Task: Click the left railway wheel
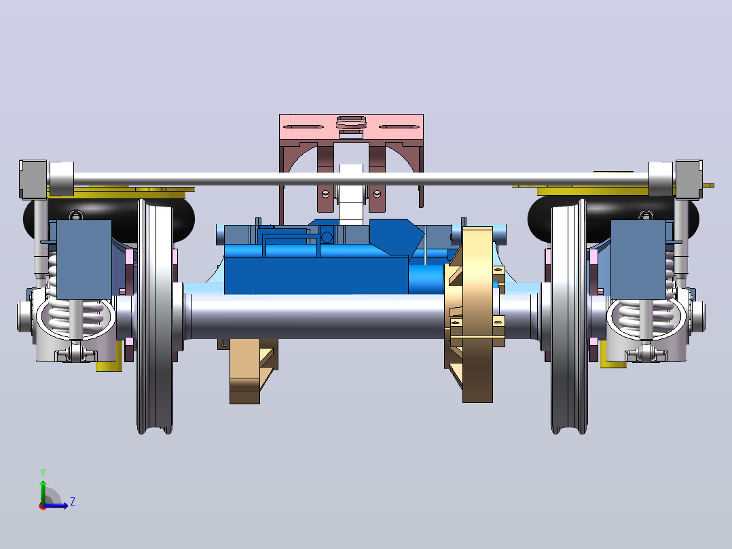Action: point(155,317)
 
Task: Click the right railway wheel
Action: point(568,317)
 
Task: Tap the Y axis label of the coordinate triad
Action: point(43,473)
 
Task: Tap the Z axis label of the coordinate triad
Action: point(73,502)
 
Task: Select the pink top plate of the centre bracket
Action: point(351,128)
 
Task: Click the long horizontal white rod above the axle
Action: point(361,179)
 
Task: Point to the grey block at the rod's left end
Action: point(33,179)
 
